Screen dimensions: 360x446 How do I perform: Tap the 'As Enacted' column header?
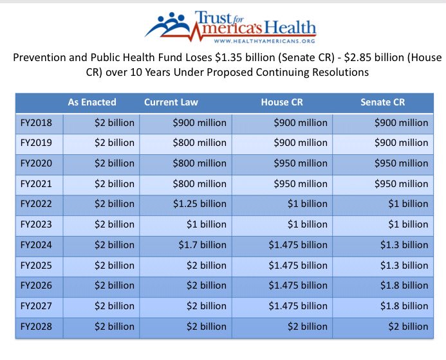coord(92,102)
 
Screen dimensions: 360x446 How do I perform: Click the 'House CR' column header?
coord(281,102)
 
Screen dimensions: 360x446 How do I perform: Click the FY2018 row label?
coord(37,123)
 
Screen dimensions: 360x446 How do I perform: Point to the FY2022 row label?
coord(37,204)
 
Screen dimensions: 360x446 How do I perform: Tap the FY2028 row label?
coord(37,327)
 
